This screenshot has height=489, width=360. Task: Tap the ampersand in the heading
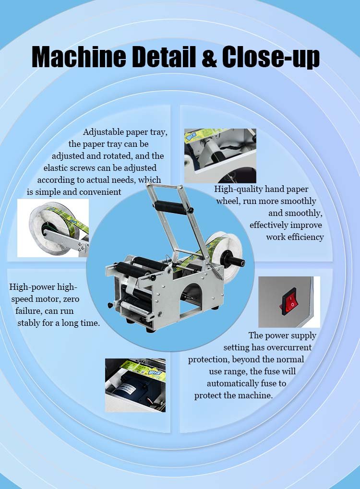(209, 57)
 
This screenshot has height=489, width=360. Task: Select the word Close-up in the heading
(271, 57)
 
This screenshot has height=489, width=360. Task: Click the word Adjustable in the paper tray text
(104, 132)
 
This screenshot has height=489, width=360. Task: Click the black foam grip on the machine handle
(170, 207)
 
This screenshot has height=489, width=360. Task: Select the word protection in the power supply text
(209, 359)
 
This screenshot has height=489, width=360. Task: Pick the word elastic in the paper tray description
(54, 168)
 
